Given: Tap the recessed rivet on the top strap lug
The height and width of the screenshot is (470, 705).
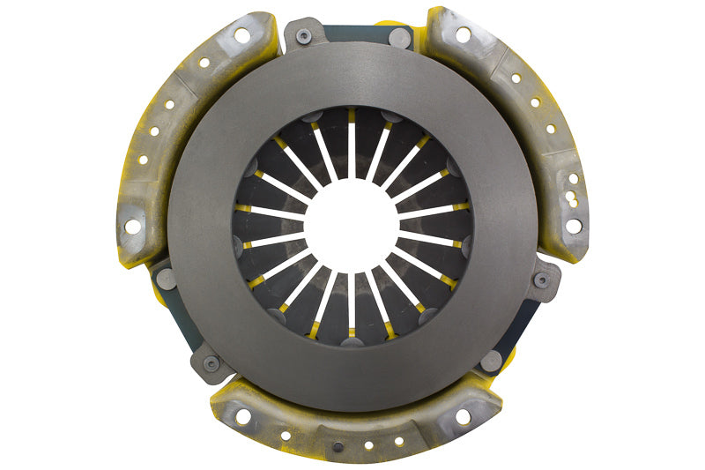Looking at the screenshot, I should (x=304, y=36).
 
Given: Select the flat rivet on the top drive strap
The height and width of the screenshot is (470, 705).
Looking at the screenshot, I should (x=400, y=38).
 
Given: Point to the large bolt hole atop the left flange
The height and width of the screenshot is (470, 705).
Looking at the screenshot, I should (x=241, y=35).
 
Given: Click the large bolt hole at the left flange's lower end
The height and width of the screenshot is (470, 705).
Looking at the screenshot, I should (x=132, y=227).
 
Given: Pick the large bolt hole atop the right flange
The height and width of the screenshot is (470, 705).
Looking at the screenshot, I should (x=463, y=35).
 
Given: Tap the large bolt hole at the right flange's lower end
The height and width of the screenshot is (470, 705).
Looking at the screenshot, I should (x=573, y=226).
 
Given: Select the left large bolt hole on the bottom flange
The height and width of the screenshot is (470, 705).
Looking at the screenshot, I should (x=244, y=415).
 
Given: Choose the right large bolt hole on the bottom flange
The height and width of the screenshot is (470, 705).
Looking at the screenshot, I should (x=462, y=416).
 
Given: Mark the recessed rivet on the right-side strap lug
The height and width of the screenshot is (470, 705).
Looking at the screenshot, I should (x=542, y=280).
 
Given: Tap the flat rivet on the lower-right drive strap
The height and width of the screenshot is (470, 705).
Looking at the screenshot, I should (x=492, y=360).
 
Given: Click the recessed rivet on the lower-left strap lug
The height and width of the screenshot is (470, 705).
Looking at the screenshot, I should (x=211, y=362).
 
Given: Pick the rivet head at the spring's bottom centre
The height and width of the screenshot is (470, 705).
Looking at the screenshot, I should (x=352, y=341).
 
